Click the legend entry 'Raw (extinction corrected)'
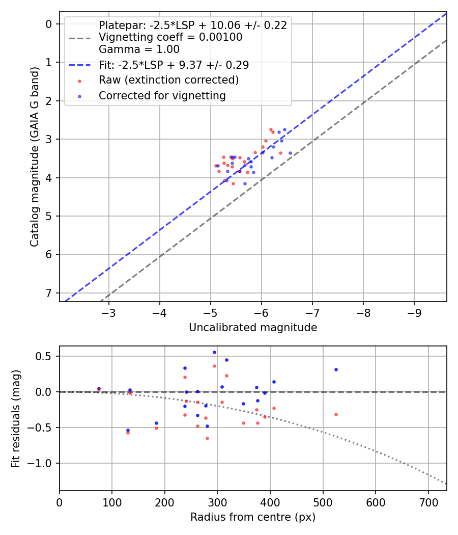pos(168,80)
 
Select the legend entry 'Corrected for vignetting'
pos(162,95)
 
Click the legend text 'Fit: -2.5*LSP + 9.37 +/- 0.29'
pos(174,65)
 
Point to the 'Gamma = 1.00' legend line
pos(139,49)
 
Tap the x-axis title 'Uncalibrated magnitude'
pos(253,328)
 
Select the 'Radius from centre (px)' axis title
pos(253,517)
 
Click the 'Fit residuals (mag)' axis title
pos(16,418)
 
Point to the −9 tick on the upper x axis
pos(414,312)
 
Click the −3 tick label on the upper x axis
pos(108,312)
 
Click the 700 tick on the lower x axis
pos(428,501)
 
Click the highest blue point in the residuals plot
pos(214,352)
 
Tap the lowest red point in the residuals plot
pos(207,438)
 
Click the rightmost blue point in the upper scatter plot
pos(290,153)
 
